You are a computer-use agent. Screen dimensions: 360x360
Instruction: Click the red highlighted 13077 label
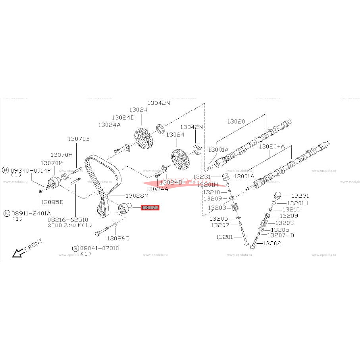click(x=150, y=208)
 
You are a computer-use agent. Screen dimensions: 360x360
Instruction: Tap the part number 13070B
click(x=79, y=139)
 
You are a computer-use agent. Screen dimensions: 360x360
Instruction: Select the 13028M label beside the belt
click(x=137, y=196)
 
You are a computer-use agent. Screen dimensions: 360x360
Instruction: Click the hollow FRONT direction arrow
click(x=17, y=252)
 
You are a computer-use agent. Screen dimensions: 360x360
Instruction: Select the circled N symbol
click(x=6, y=213)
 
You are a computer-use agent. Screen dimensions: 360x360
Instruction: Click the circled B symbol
click(x=75, y=248)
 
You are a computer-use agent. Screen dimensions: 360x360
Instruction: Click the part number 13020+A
click(x=272, y=146)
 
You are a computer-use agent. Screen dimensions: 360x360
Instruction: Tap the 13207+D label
click(x=281, y=235)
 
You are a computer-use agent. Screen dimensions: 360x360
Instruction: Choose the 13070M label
click(x=52, y=163)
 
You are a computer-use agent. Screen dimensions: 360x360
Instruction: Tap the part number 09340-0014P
click(x=31, y=170)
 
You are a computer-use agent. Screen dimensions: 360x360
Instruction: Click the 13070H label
click(x=62, y=154)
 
